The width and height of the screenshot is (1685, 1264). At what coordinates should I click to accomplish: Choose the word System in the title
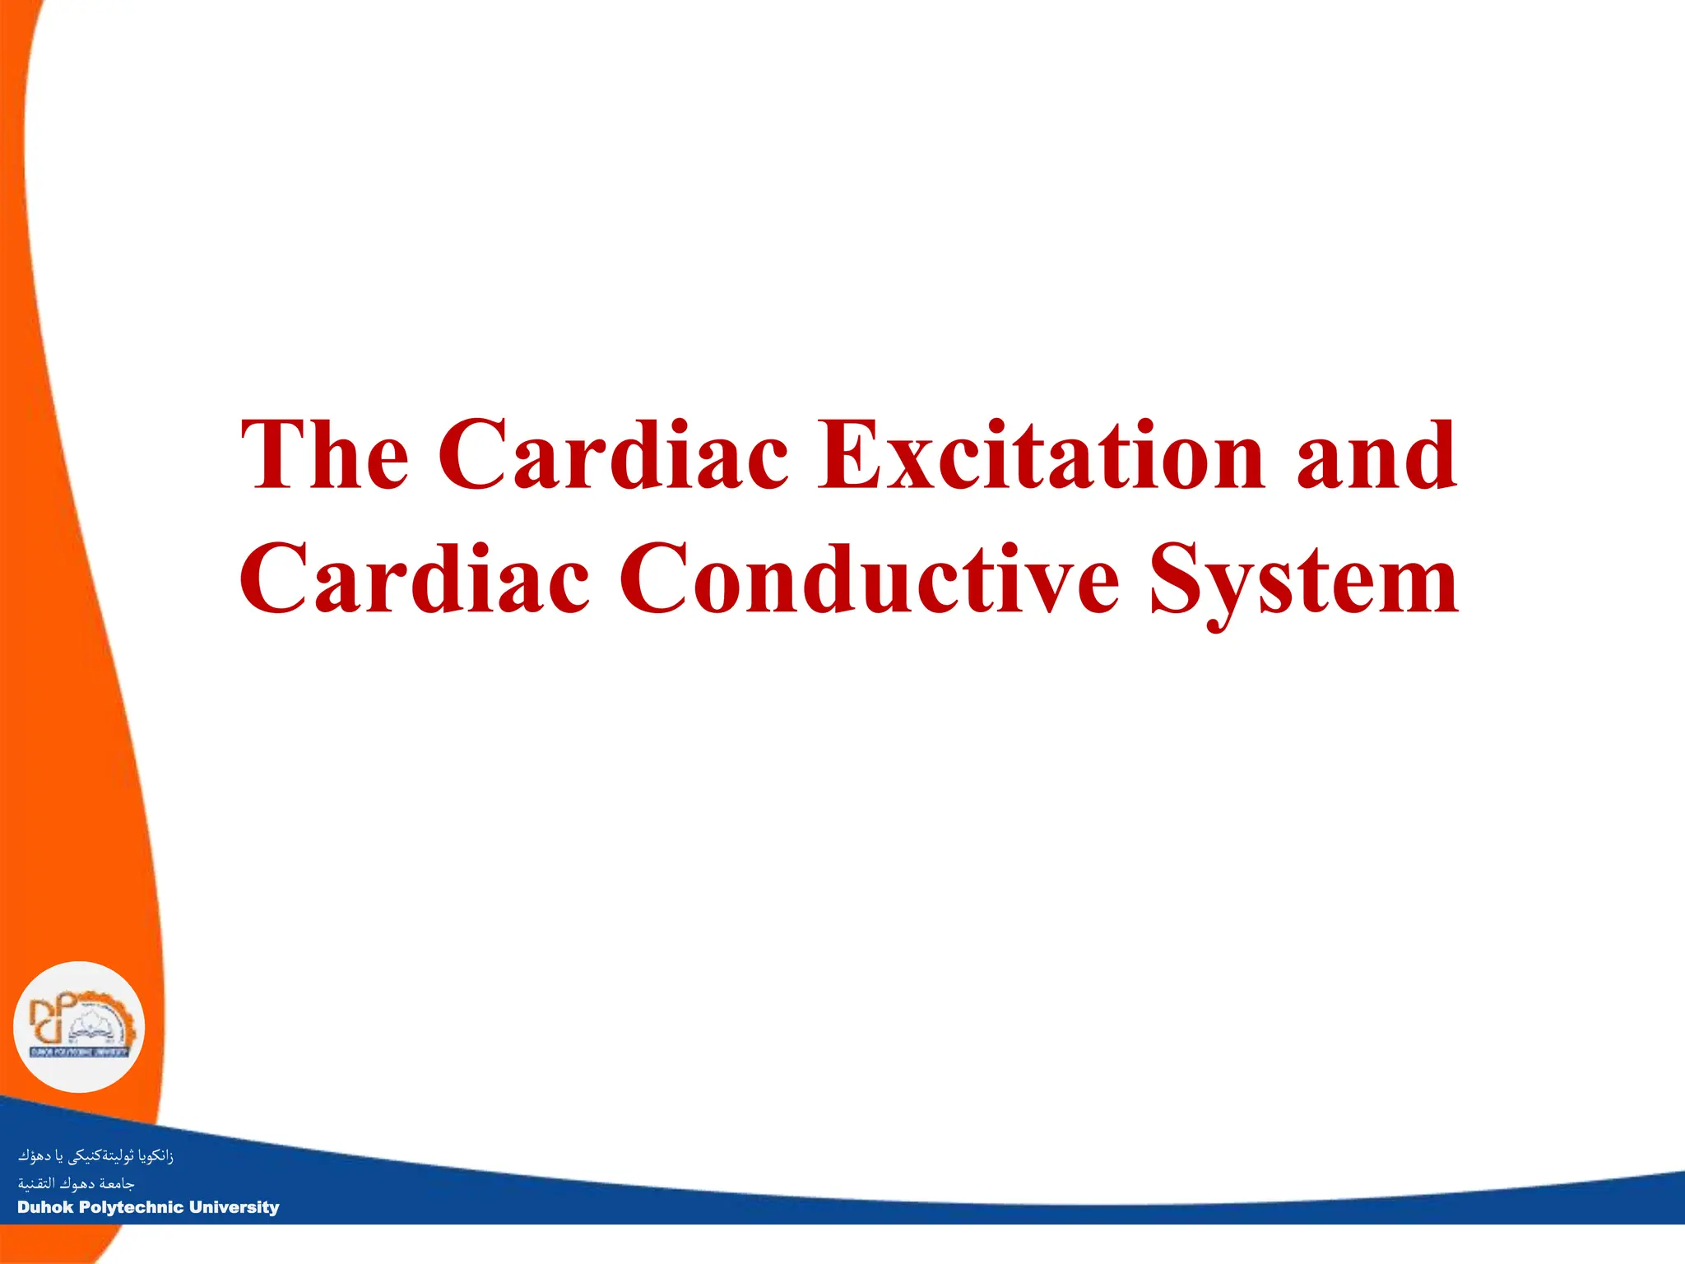[x=1305, y=581]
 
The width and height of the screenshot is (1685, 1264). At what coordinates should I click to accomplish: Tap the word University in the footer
[x=234, y=1207]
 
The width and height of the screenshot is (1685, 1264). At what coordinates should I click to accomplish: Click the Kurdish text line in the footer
[x=95, y=1156]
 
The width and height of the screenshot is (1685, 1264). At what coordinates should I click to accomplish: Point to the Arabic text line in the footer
[x=76, y=1183]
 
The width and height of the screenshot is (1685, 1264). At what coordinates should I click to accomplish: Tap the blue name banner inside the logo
[x=79, y=1052]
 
